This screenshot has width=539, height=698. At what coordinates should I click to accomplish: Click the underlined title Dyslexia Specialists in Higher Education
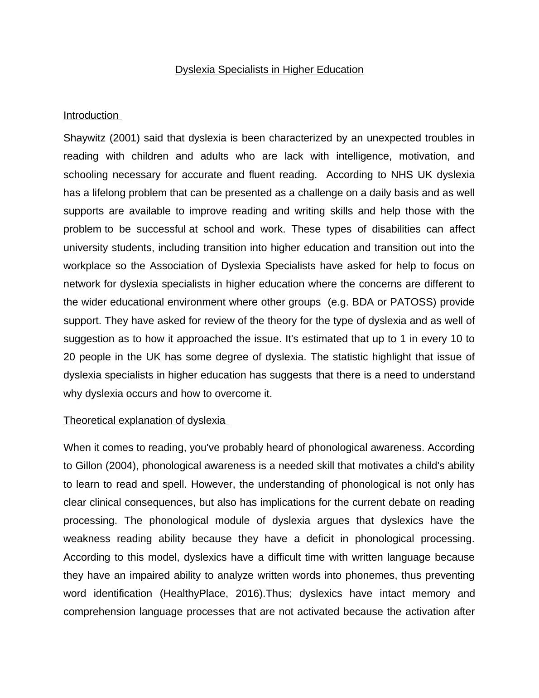pyautogui.click(x=269, y=70)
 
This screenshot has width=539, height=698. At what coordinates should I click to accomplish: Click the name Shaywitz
pyautogui.click(x=84, y=138)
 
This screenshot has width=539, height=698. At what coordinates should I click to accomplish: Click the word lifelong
pyautogui.click(x=109, y=193)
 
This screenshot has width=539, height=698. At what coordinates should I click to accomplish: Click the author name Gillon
pyautogui.click(x=88, y=466)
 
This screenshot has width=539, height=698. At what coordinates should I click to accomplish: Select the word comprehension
pyautogui.click(x=99, y=612)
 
